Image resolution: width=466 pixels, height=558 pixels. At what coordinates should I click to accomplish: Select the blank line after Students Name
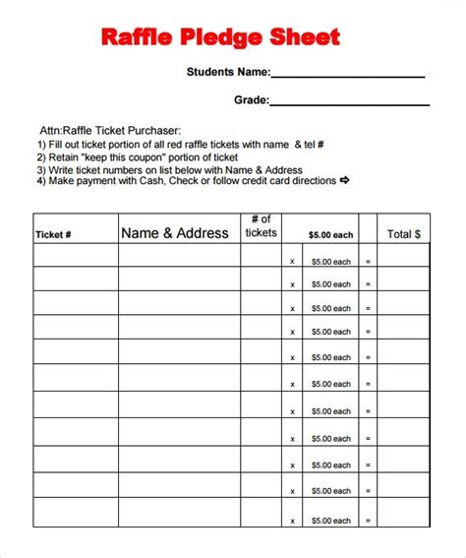click(347, 75)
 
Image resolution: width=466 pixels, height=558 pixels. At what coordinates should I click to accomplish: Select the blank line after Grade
click(349, 102)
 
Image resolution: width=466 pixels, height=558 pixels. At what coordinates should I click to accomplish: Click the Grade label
click(250, 99)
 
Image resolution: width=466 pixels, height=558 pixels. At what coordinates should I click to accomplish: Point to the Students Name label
click(228, 72)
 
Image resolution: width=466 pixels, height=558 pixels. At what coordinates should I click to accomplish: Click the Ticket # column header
click(54, 235)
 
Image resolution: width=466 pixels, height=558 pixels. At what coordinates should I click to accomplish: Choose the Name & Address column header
click(174, 234)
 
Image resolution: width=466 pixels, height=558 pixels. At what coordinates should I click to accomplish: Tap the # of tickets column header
click(261, 226)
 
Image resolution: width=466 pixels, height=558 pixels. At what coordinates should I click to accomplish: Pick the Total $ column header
click(403, 234)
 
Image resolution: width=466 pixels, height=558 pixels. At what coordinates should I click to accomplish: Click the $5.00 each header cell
click(330, 235)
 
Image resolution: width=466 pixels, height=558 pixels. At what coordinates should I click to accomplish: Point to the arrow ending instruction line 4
click(345, 181)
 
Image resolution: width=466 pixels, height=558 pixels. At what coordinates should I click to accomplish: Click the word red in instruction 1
click(209, 144)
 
